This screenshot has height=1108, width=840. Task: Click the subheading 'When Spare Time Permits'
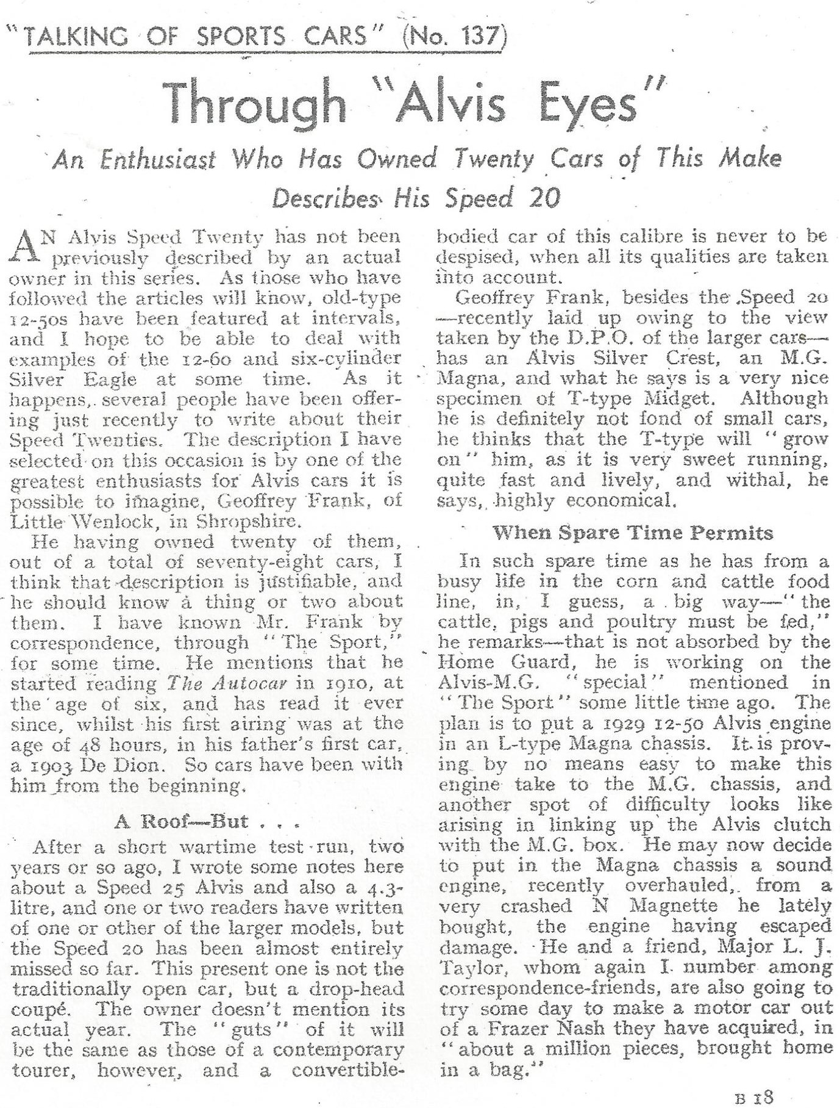pyautogui.click(x=633, y=533)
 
